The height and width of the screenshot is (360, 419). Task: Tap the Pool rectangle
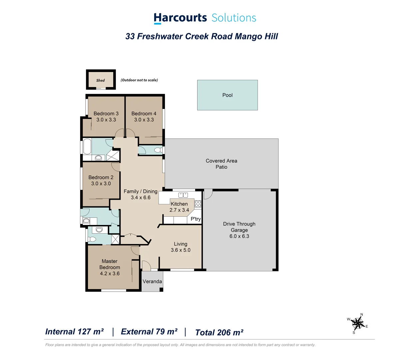point(227,95)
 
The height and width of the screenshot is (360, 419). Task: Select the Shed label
point(101,80)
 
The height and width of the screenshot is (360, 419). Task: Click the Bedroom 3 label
point(106,114)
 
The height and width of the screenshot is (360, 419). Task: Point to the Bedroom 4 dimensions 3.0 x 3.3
point(144,120)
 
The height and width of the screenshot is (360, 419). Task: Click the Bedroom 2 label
point(101,177)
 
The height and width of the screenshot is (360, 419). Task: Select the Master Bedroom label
point(110,264)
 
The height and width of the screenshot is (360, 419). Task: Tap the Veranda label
point(152,281)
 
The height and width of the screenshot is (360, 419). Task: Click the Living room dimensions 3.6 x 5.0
point(181,250)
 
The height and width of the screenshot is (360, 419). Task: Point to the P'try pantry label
point(196,219)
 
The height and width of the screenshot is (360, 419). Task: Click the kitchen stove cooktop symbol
point(198,204)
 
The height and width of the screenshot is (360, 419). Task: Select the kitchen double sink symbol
point(183,195)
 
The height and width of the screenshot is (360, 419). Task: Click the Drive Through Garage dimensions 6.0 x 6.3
point(239,236)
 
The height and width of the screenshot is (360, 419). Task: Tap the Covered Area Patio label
point(221,164)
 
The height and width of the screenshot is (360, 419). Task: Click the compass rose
point(358,323)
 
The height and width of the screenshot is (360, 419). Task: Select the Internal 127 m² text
point(74,332)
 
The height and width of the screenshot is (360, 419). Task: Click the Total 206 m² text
point(219,332)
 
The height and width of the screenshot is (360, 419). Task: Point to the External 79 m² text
point(149,332)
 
